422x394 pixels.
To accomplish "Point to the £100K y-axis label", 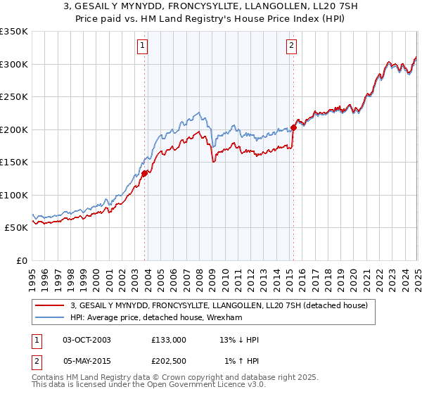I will tap(14, 195).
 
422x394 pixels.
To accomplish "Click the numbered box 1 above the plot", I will tap(142, 46).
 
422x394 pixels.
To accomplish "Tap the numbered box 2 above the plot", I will tap(291, 46).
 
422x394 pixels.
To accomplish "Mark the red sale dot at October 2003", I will tap(145, 173).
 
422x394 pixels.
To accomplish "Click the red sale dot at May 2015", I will tap(293, 127).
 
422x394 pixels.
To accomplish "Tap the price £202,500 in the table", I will tap(169, 361).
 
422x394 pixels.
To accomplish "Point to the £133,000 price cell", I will tap(169, 340).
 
